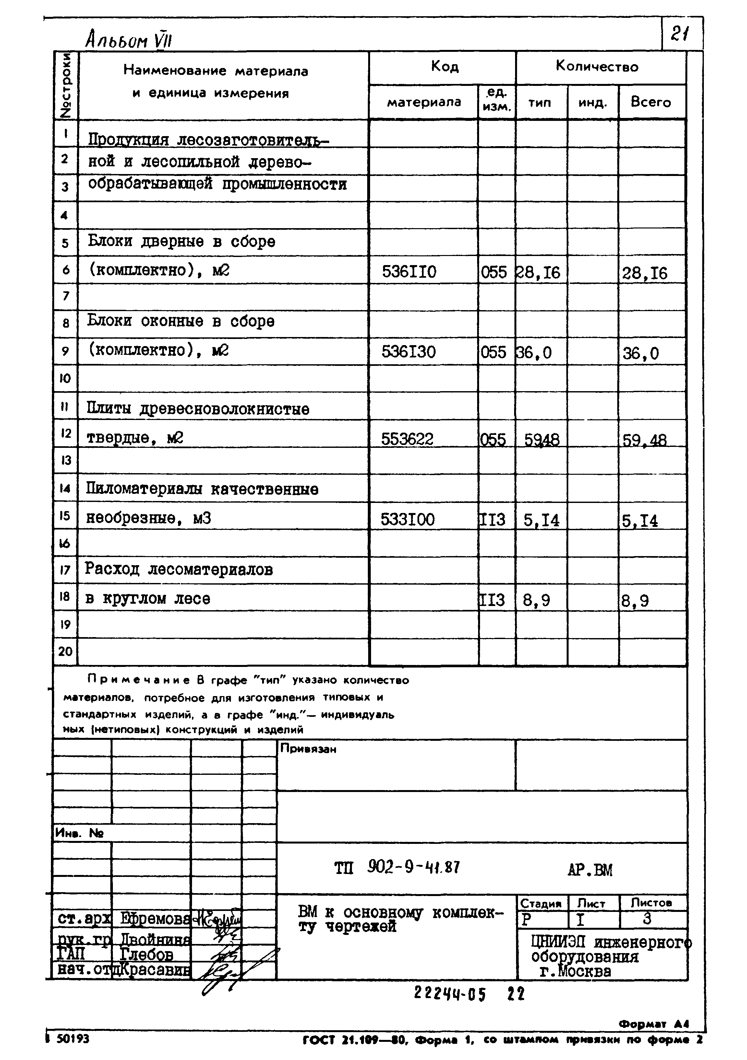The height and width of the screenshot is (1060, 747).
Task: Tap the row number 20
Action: click(65, 651)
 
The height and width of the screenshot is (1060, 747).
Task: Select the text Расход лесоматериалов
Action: click(179, 569)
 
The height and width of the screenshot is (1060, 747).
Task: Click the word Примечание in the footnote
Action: click(139, 680)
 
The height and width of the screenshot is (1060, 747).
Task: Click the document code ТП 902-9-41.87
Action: click(397, 868)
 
